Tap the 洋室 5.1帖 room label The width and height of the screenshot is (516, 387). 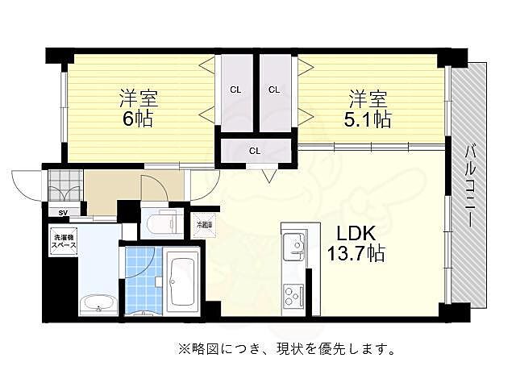369,110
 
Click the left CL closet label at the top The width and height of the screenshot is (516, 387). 235,89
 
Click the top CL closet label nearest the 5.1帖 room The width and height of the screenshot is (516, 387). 274,89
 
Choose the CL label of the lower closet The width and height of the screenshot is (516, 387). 254,151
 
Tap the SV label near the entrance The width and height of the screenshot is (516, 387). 63,213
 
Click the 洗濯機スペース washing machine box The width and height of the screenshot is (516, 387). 64,239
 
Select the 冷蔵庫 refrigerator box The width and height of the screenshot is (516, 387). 204,225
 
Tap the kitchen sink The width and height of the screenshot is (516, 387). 294,243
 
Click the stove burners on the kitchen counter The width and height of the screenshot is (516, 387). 291,295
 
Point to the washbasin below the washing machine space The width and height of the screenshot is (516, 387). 98,305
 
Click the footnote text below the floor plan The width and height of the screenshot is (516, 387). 286,350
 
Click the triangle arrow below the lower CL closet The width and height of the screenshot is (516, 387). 268,173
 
